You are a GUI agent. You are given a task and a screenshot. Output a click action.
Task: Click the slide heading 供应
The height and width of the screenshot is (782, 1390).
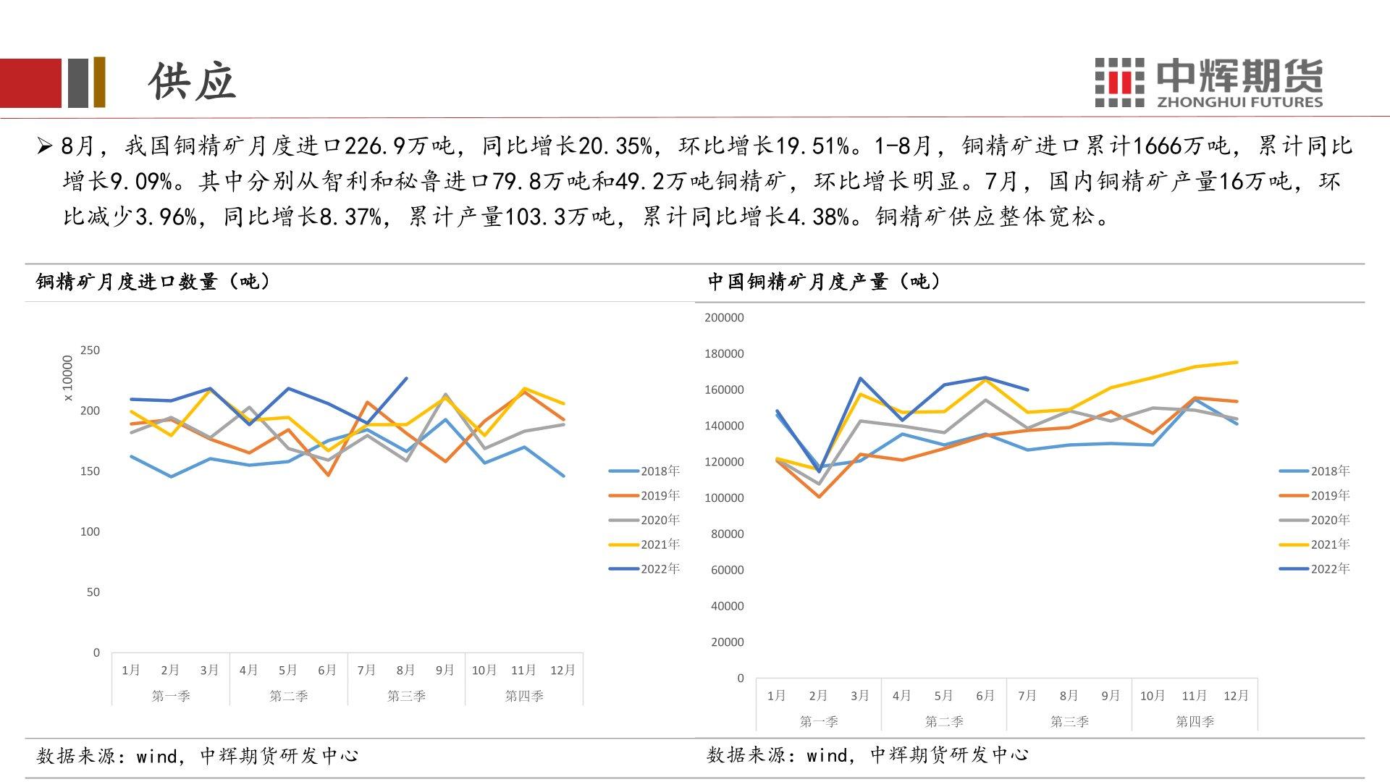pos(193,80)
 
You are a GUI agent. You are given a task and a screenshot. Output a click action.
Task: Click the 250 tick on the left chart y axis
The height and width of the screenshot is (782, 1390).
pos(90,350)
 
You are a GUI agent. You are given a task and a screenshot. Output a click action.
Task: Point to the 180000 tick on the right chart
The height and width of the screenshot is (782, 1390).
pos(723,354)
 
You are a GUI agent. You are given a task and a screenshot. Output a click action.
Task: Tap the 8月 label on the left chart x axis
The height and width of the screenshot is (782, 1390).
pos(405,670)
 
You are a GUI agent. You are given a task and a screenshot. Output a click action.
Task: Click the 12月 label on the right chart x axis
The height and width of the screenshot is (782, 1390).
pos(1236,696)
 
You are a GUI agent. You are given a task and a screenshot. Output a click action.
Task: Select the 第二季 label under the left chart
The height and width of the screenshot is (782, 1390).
pos(288,696)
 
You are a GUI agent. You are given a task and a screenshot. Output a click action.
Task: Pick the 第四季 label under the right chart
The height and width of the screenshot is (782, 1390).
pos(1195,721)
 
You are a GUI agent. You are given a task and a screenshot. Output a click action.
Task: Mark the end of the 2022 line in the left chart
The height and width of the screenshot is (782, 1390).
pos(406,378)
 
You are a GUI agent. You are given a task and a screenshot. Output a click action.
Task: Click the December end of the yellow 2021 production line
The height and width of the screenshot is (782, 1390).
pos(1237,362)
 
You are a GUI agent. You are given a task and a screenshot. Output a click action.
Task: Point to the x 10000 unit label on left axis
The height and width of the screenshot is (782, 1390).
pos(68,378)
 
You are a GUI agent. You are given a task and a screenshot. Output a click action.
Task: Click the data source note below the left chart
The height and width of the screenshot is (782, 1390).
pos(197,756)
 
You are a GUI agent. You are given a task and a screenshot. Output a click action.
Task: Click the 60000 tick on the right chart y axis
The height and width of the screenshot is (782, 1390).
pos(726,570)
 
